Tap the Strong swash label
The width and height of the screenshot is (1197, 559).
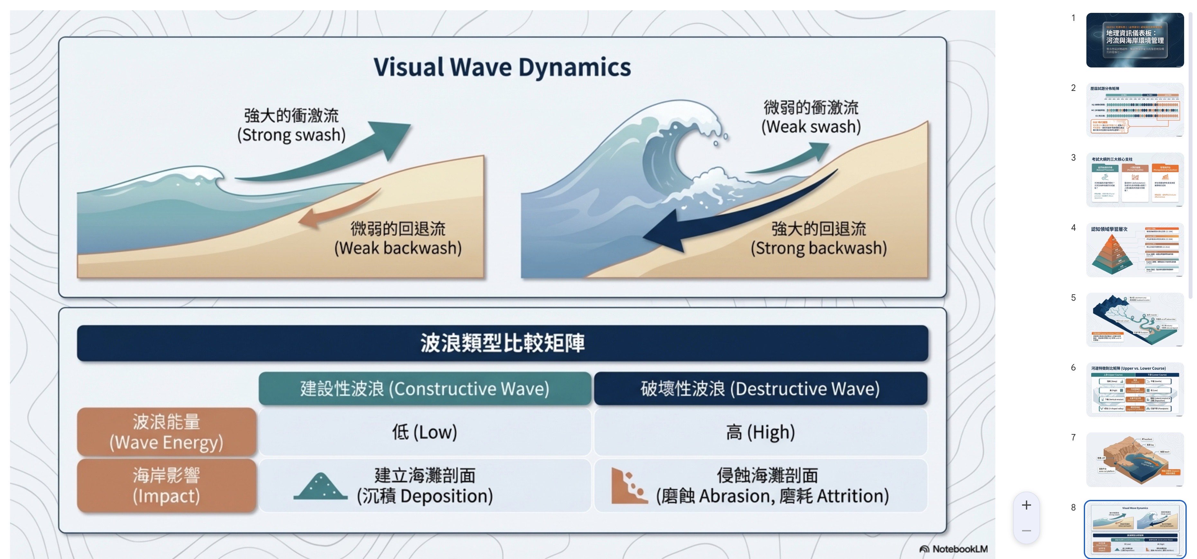291,125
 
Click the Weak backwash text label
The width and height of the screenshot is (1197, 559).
398,238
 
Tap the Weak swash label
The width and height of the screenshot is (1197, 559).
811,117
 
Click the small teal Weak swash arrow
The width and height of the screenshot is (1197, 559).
790,160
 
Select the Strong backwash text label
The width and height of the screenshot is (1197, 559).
819,238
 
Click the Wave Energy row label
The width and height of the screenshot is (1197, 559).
166,432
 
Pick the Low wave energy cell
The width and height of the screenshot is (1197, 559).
425,432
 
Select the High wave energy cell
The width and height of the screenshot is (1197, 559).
760,432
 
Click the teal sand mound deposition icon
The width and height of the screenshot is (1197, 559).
320,487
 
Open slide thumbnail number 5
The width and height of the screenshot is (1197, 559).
1134,319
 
